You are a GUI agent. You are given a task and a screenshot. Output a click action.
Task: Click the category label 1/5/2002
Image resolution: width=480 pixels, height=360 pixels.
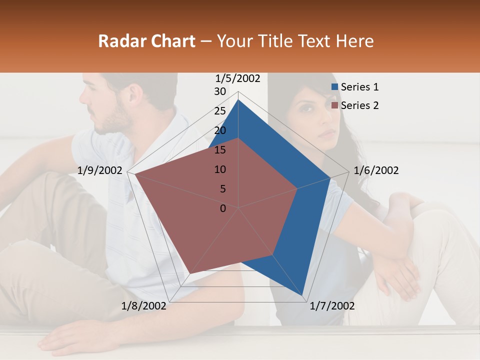238,78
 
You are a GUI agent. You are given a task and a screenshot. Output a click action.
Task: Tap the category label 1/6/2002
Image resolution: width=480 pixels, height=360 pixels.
376,170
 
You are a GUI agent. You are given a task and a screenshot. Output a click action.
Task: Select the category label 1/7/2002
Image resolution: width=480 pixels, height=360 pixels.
332,306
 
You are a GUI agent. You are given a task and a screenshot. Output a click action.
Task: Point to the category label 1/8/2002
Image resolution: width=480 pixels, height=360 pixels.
144,306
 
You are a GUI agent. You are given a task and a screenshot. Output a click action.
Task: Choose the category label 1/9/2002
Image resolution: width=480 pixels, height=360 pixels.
100,170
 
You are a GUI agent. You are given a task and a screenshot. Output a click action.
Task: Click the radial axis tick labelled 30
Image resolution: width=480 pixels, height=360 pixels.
220,91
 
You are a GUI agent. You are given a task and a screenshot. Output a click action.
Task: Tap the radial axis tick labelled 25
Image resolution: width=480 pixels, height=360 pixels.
220,111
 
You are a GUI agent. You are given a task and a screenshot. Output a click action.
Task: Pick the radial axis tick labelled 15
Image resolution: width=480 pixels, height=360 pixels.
220,150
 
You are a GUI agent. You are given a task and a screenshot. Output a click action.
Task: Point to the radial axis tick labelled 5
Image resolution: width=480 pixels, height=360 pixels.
222,189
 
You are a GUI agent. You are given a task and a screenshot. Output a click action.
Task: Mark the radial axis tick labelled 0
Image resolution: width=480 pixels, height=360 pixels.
223,208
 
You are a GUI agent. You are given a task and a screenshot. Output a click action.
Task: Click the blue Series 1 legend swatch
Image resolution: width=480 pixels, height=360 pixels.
335,87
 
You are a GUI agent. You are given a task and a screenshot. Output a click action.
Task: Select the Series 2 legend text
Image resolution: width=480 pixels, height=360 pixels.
359,105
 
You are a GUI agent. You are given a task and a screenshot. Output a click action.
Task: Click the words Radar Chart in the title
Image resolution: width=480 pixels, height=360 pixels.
146,41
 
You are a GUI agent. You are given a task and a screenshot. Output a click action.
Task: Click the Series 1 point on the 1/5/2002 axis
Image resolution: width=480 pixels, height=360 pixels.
238,99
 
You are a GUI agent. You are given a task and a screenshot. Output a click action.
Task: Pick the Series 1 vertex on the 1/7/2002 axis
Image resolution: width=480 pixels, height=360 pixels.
303,296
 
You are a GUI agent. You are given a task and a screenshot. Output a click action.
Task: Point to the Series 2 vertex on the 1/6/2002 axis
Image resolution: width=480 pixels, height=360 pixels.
297,188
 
